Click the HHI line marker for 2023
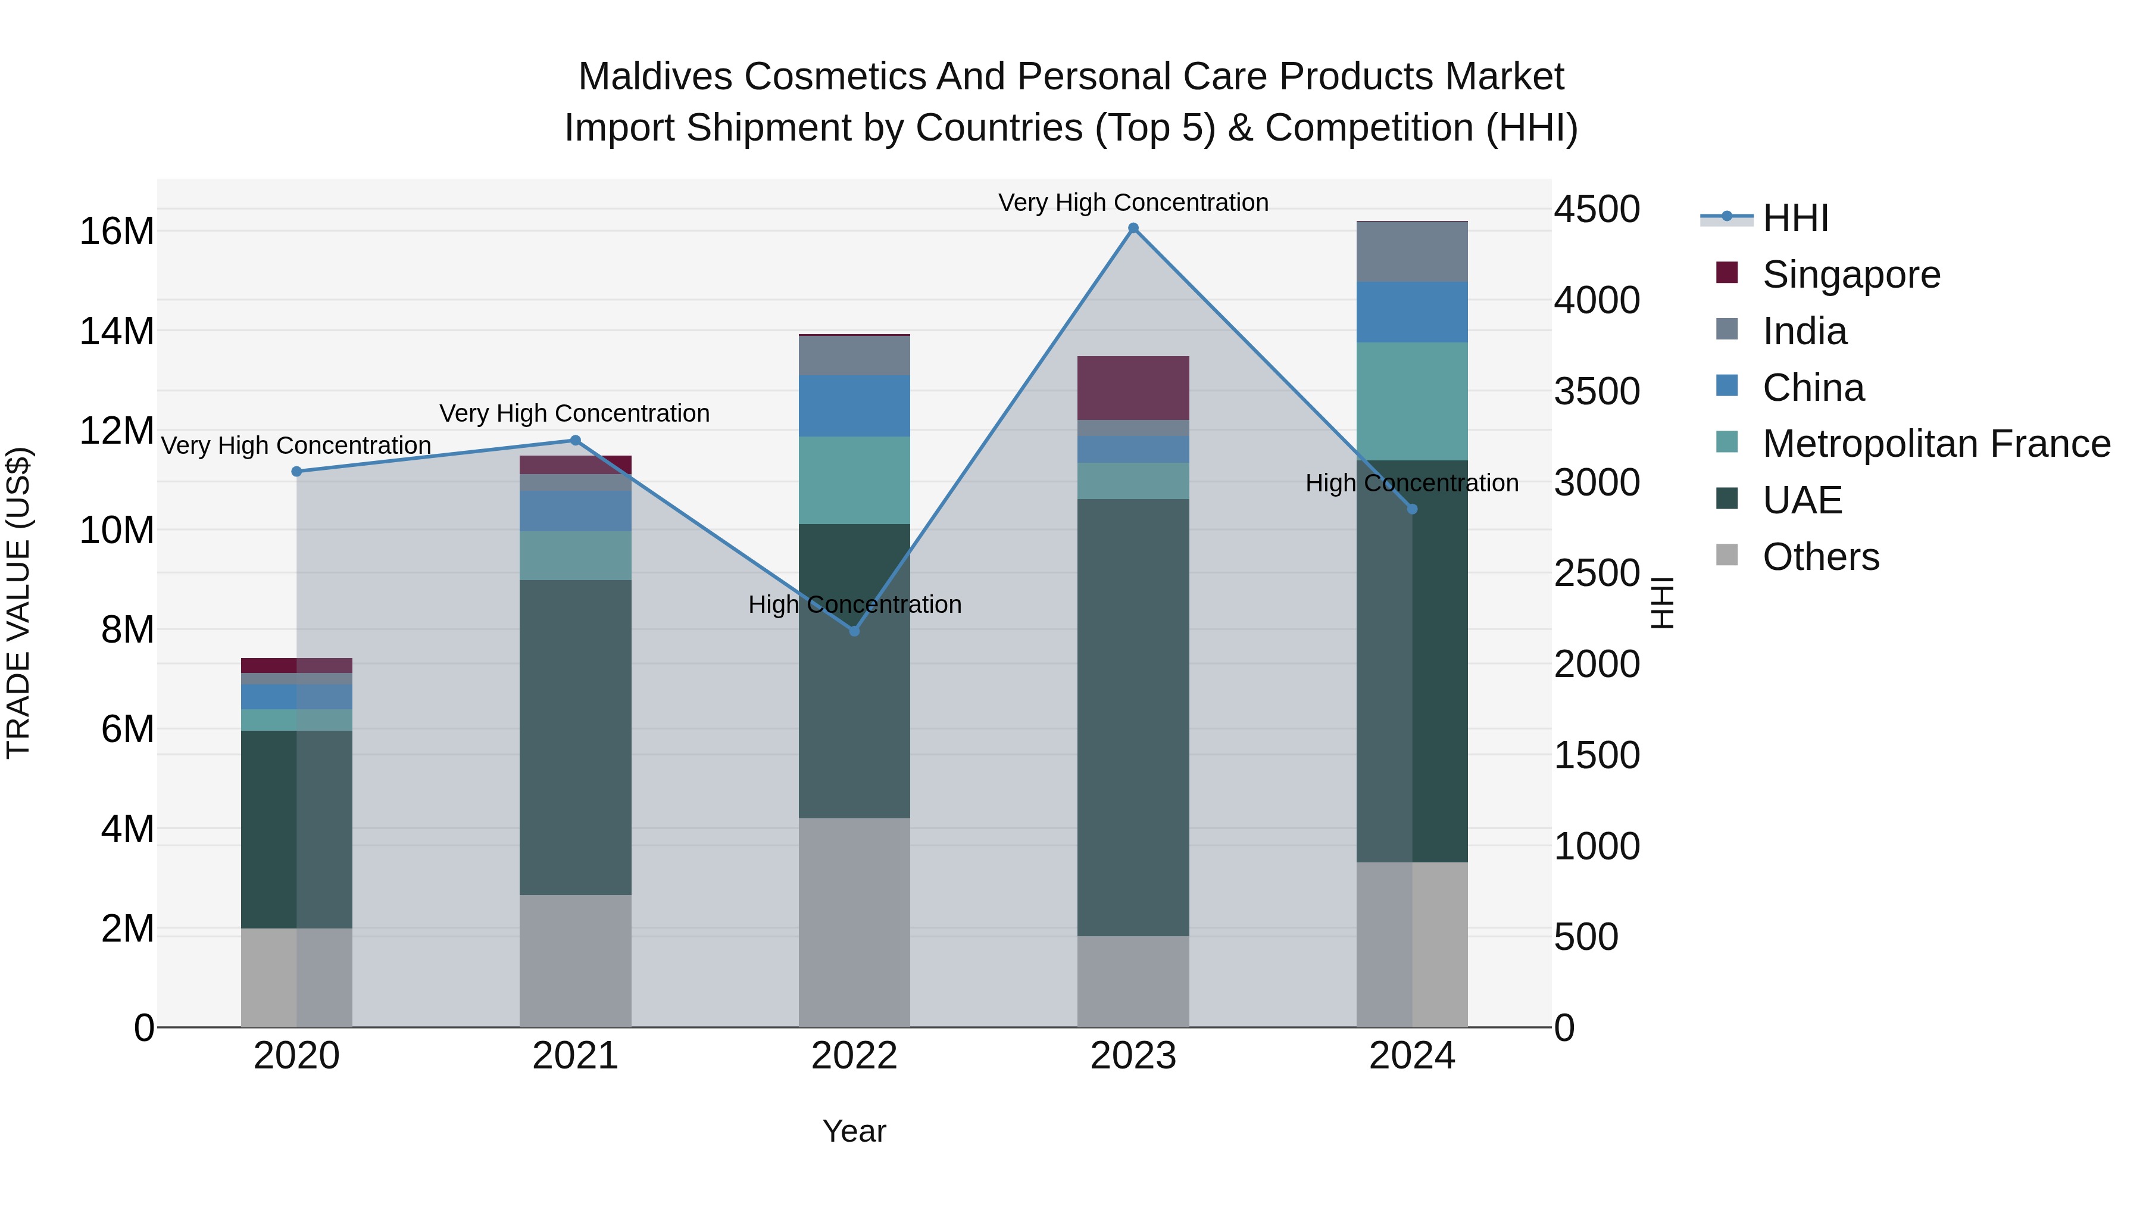point(1133,228)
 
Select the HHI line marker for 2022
point(854,631)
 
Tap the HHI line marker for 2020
point(297,471)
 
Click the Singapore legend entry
point(1851,275)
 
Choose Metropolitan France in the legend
point(1936,444)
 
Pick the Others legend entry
point(1820,557)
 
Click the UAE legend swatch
point(1727,500)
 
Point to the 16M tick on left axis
point(117,232)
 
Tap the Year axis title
point(854,1131)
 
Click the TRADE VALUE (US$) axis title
point(18,603)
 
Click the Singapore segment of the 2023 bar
point(1133,388)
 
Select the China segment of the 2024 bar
point(1412,312)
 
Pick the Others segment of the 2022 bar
point(854,922)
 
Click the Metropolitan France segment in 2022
point(854,480)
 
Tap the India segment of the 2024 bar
point(1412,252)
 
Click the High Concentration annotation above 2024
point(1412,483)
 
